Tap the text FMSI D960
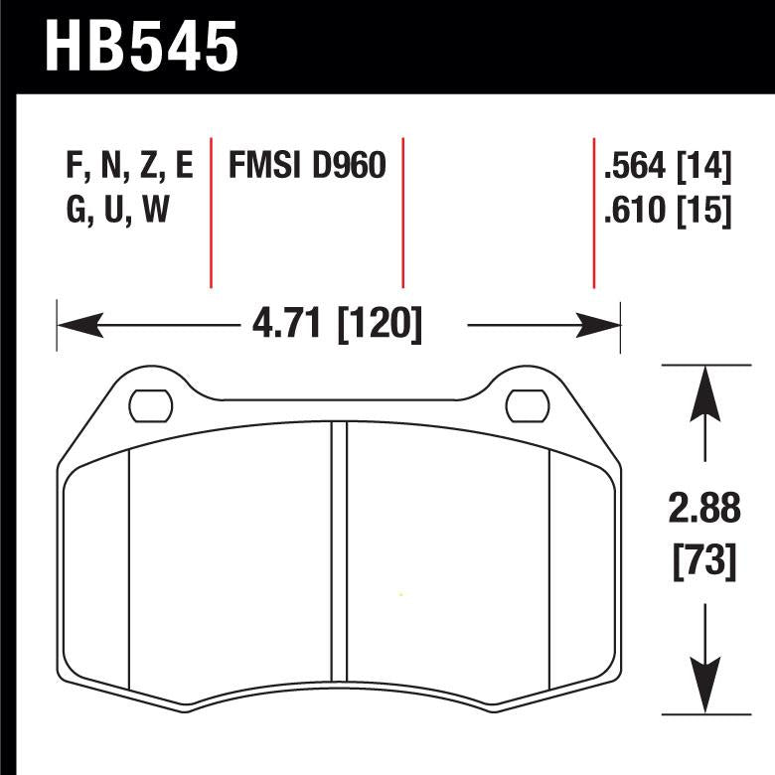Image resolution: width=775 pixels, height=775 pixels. (307, 166)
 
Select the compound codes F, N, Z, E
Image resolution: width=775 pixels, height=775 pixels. (128, 166)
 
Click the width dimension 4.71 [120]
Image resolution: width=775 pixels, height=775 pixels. (339, 324)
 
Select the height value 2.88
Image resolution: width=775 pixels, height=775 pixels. (704, 511)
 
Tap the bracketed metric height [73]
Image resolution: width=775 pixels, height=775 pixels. (704, 562)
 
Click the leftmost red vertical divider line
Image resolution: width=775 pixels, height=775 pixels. (212, 209)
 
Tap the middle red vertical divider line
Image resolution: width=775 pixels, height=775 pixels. (402, 209)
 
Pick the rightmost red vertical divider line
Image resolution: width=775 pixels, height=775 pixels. (593, 209)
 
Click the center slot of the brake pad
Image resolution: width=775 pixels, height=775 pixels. (339, 556)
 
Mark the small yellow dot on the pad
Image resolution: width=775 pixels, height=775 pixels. (400, 595)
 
